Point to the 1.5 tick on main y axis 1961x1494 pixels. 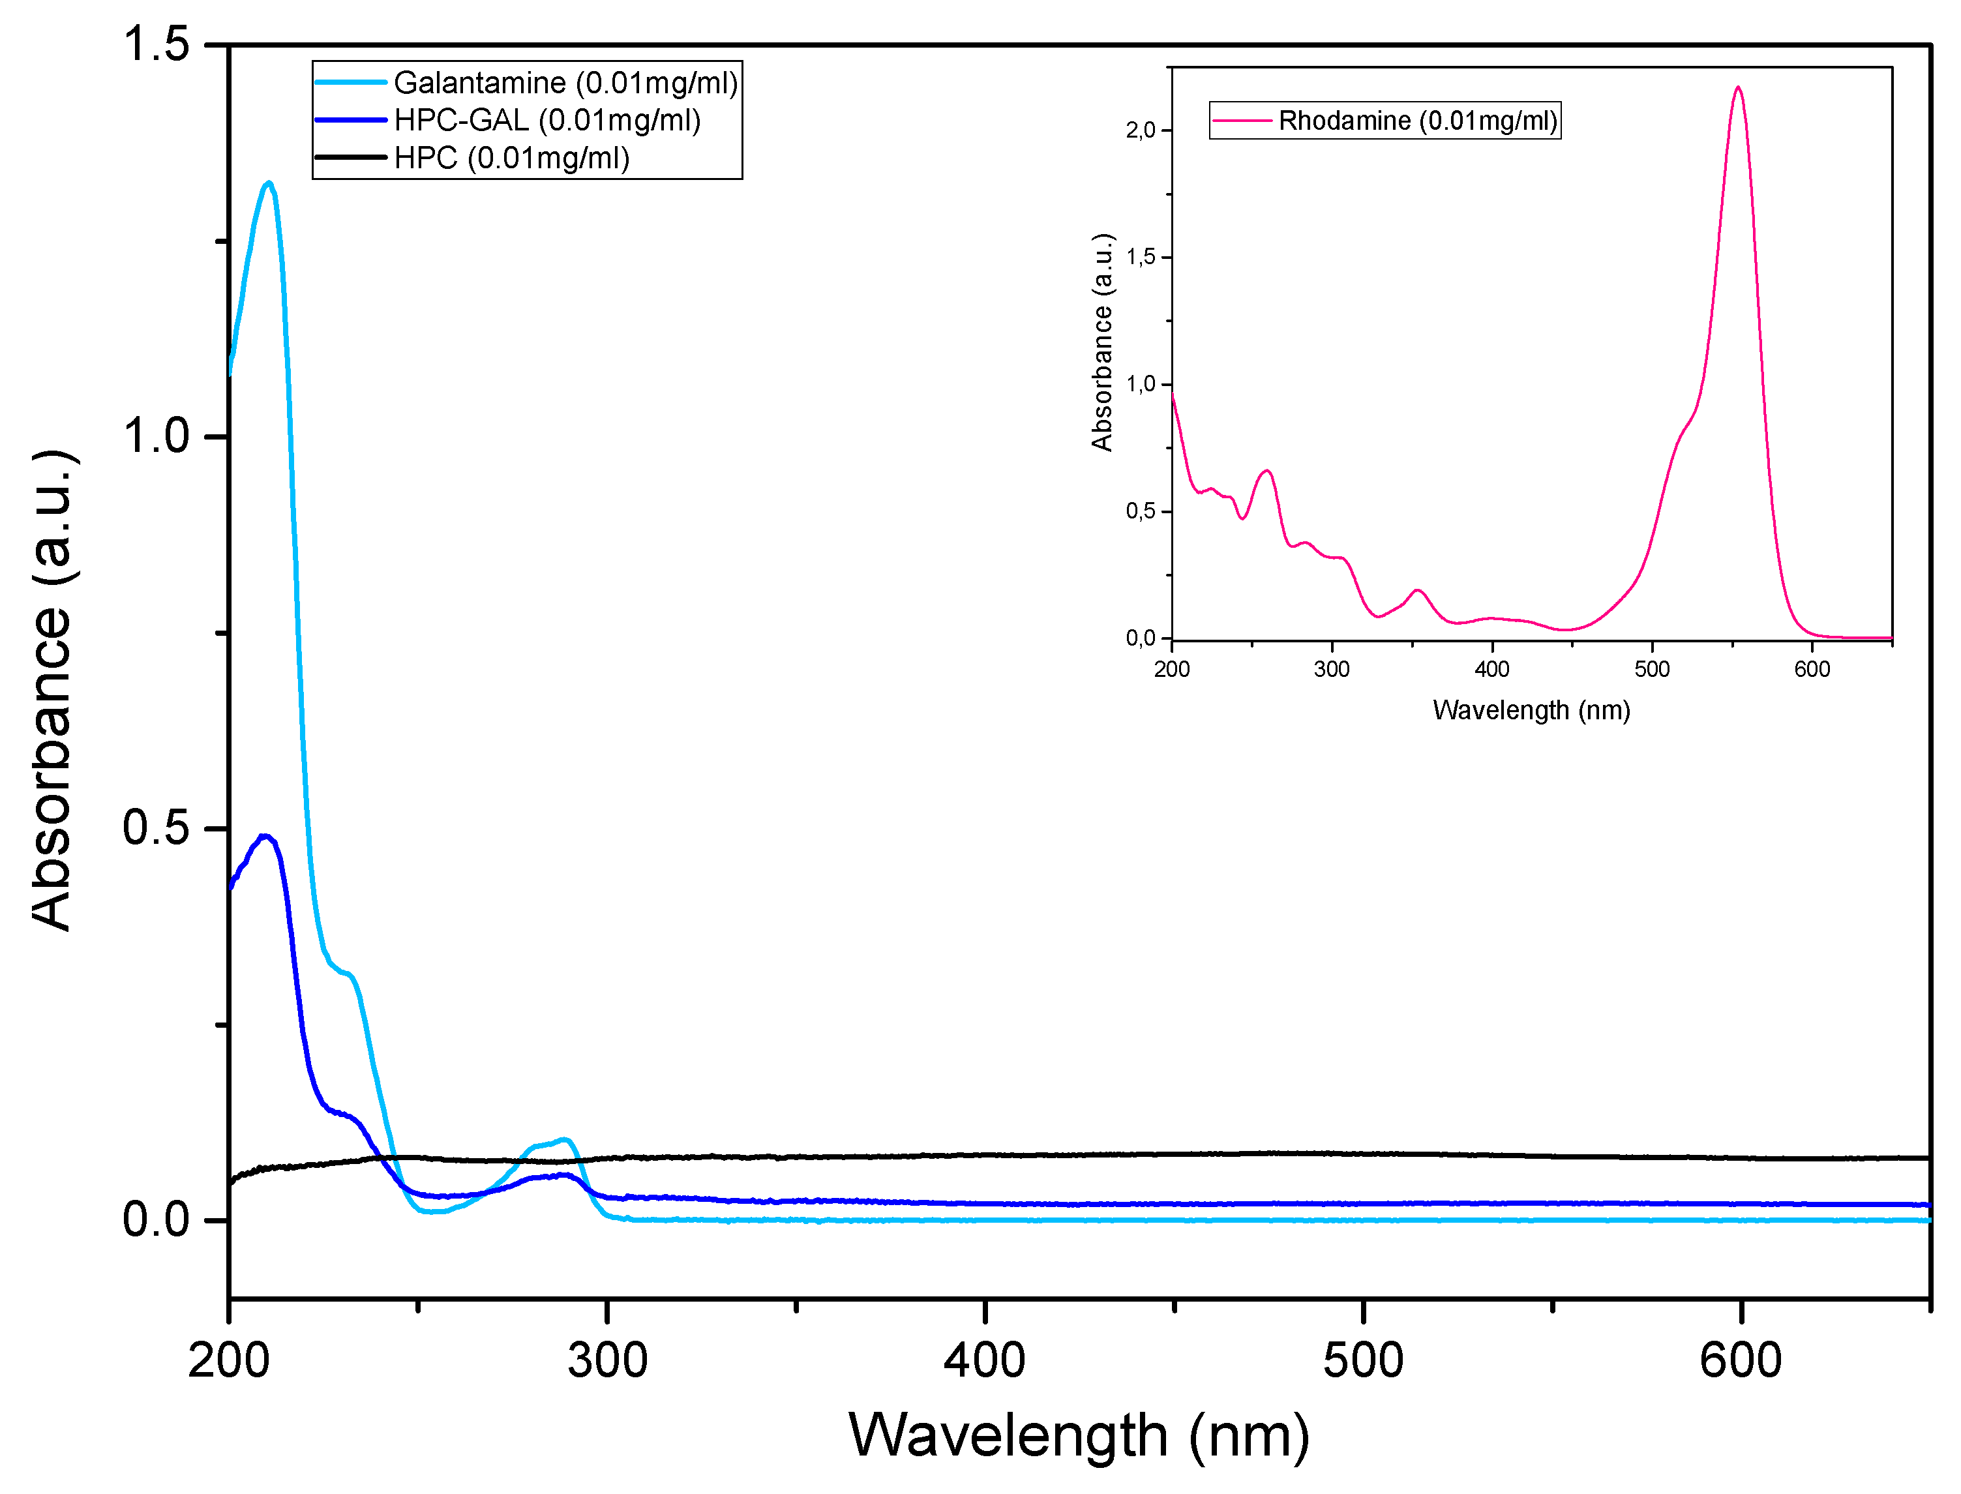pyautogui.click(x=157, y=44)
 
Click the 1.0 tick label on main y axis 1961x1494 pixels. pyautogui.click(x=157, y=437)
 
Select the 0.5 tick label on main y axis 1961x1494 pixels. pyautogui.click(x=157, y=829)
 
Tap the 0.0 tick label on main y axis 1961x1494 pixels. pyautogui.click(x=157, y=1220)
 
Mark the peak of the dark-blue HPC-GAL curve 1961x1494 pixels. pyautogui.click(x=263, y=836)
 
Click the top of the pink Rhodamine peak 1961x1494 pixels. pyautogui.click(x=1738, y=87)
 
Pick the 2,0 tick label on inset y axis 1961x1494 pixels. pyautogui.click(x=1140, y=130)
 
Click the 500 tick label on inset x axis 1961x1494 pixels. pyautogui.click(x=1651, y=670)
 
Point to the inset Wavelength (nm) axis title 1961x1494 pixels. pyautogui.click(x=1531, y=711)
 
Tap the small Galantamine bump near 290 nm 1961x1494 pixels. pyautogui.click(x=563, y=1140)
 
